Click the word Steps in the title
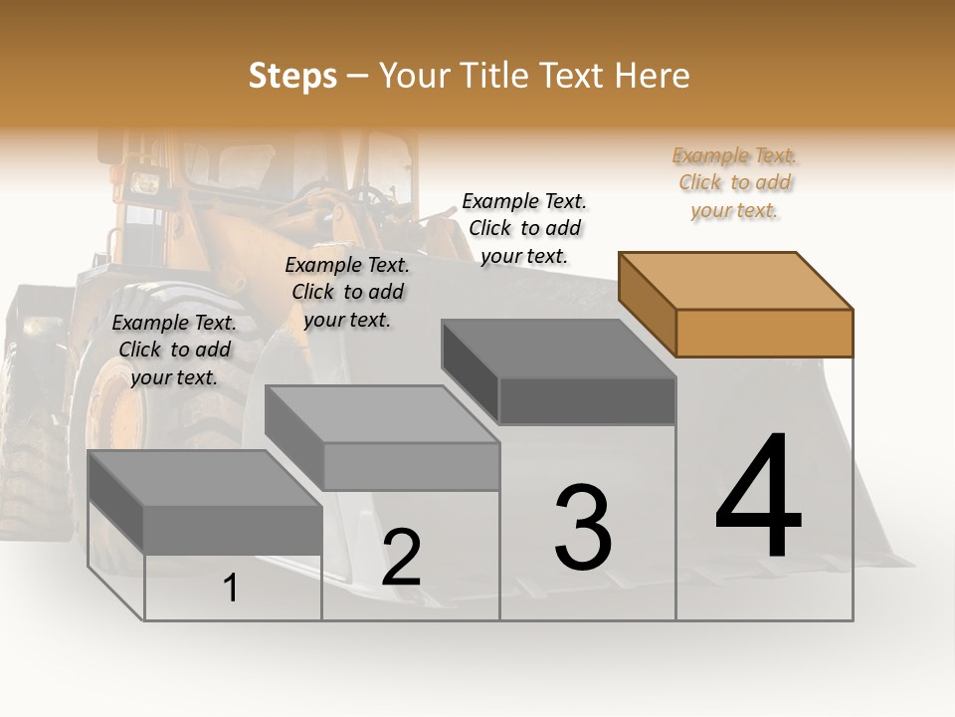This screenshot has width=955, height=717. coord(292,76)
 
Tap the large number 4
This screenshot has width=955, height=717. coord(758,498)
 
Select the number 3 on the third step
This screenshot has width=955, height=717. coord(583,527)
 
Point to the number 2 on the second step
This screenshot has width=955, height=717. coord(401,558)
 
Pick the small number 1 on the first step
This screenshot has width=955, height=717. coord(231,589)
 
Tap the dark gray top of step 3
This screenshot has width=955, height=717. coord(558,349)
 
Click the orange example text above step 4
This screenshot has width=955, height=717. coord(734,183)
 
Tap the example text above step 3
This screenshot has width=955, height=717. coord(524,228)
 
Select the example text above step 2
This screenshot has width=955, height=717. coord(347,292)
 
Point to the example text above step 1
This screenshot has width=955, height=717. coord(174,350)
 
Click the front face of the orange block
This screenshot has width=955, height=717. coord(764,333)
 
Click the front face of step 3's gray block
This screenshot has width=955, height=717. coord(587,401)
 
